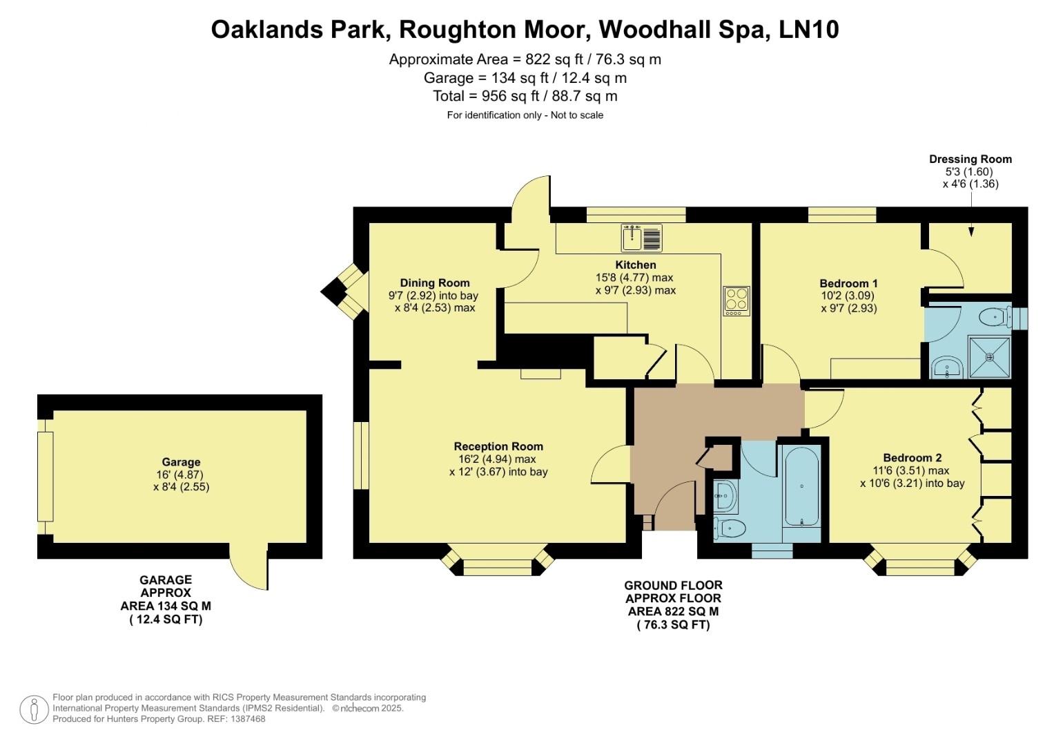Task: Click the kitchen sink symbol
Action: click(x=641, y=238)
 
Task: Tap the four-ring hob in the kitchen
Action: click(x=736, y=301)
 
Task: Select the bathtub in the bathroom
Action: click(x=801, y=486)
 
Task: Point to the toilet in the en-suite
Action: click(x=995, y=317)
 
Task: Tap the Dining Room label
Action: click(x=435, y=283)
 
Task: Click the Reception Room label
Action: click(x=498, y=446)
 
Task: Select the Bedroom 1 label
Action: click(x=848, y=283)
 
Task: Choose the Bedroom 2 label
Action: click(x=912, y=458)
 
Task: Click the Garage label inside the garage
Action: click(x=181, y=462)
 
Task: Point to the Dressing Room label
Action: click(x=970, y=159)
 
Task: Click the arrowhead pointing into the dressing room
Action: click(x=971, y=232)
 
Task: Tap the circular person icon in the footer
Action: click(x=34, y=709)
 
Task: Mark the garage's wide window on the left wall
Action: click(x=45, y=477)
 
